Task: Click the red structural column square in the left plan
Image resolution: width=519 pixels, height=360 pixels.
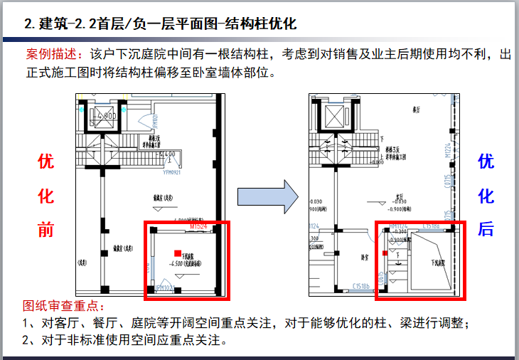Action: point(178,253)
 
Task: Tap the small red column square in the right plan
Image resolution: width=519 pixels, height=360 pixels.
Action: point(385,253)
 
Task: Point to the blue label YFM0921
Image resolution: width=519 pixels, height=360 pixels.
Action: point(173,171)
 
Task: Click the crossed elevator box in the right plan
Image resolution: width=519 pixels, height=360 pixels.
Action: point(333,115)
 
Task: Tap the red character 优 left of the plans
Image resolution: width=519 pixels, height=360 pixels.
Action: point(46,162)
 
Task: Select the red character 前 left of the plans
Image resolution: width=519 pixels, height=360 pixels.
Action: point(46,229)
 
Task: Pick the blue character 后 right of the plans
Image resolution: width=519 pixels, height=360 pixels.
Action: point(486,229)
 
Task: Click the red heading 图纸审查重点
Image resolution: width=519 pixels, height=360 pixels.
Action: point(63,306)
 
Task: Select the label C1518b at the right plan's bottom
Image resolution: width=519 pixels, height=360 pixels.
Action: point(364,287)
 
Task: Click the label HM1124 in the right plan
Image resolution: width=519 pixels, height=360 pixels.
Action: point(397,226)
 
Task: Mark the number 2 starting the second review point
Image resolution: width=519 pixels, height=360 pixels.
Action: point(26,339)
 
